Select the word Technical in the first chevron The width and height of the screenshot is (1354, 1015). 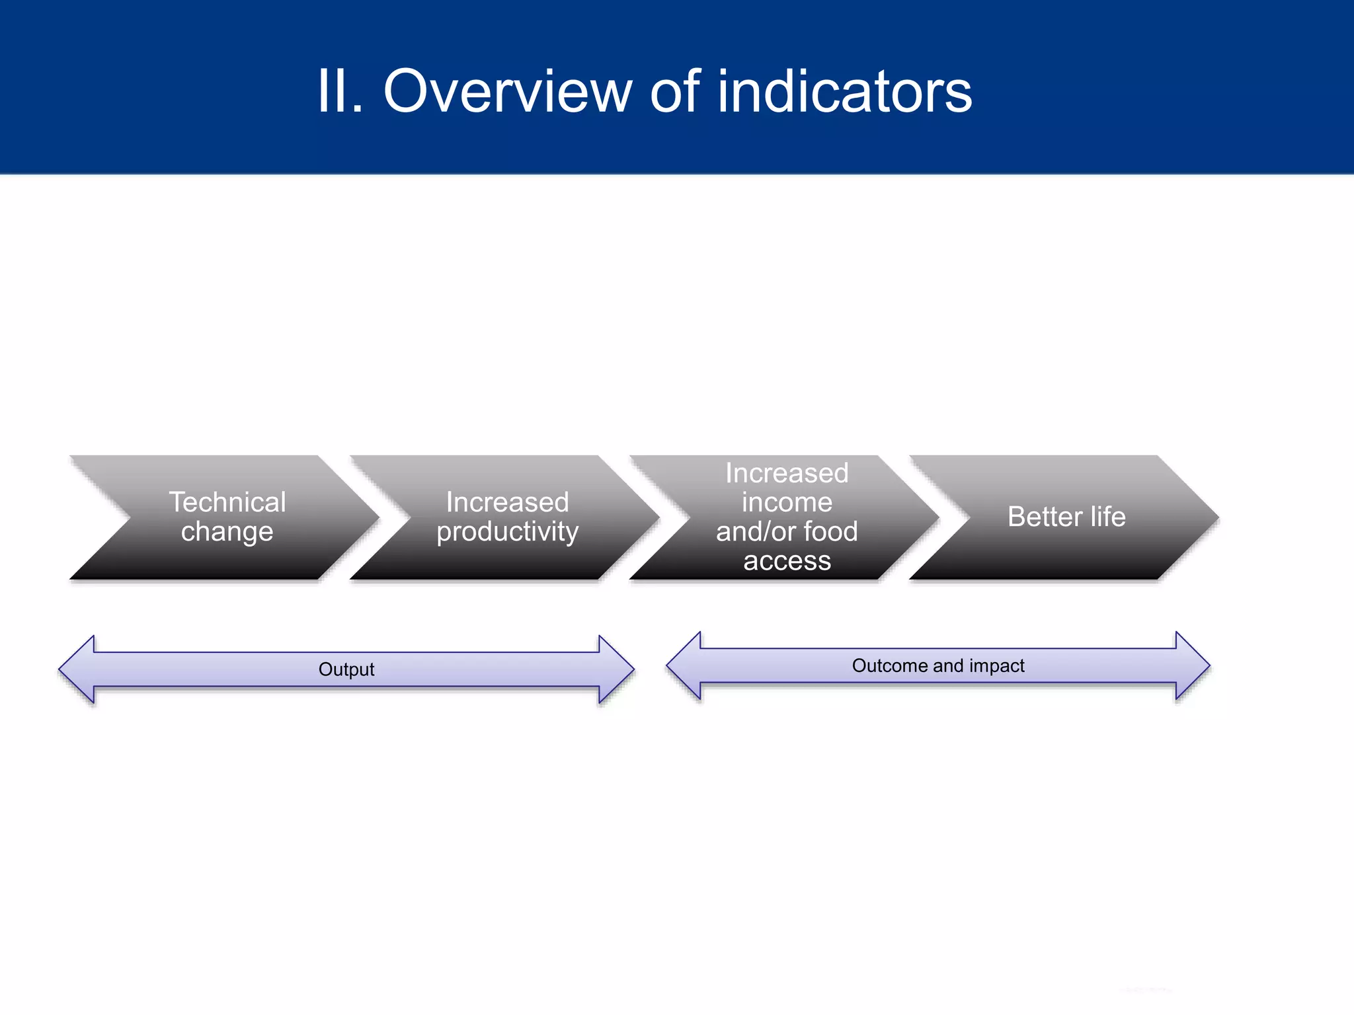pos(227,502)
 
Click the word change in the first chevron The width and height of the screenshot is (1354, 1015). pos(227,532)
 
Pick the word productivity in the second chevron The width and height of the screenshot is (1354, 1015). pos(507,532)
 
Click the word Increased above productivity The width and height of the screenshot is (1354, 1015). pos(507,502)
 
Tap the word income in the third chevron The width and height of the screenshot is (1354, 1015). pos(787,502)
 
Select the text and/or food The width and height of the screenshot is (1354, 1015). pos(787,531)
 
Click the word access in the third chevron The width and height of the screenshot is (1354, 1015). pos(787,561)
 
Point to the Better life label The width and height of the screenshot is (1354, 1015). pos(1066,517)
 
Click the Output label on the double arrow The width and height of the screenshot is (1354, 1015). pos(346,669)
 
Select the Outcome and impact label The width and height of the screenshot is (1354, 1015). pos(937,665)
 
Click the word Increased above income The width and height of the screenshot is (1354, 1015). pos(787,473)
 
